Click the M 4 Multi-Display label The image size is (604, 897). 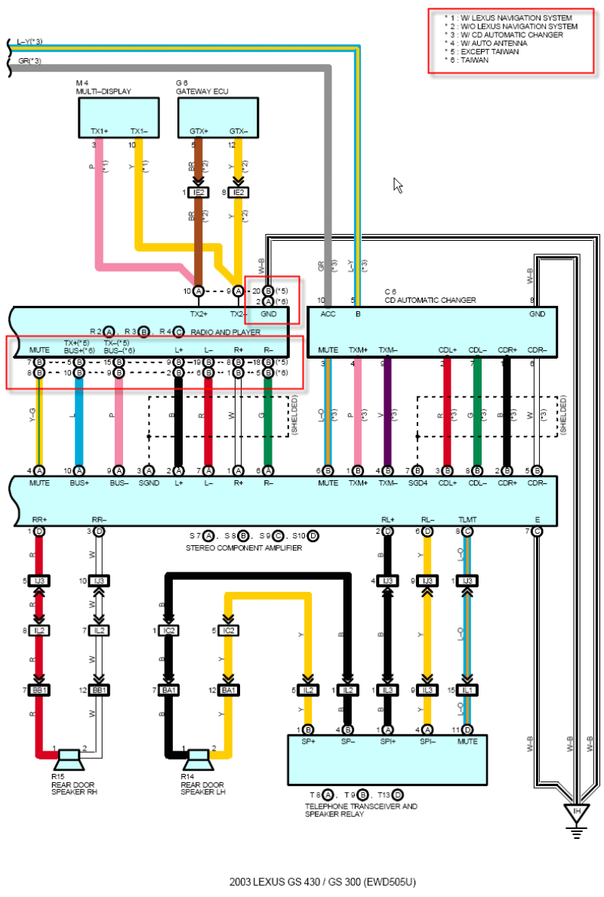tap(103, 88)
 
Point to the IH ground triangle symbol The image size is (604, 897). tap(576, 813)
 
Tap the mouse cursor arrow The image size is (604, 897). tap(398, 185)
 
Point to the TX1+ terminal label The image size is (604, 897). tap(99, 131)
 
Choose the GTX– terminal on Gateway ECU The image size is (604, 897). tap(239, 131)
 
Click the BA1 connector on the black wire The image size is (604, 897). tap(168, 691)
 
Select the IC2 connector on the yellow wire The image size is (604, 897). tap(229, 630)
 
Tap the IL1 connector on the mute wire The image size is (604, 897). tap(468, 691)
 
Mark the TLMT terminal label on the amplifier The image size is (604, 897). tap(467, 519)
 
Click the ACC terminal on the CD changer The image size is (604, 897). tap(328, 313)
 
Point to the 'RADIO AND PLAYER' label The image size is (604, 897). tap(225, 331)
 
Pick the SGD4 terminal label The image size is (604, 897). tap(418, 483)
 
